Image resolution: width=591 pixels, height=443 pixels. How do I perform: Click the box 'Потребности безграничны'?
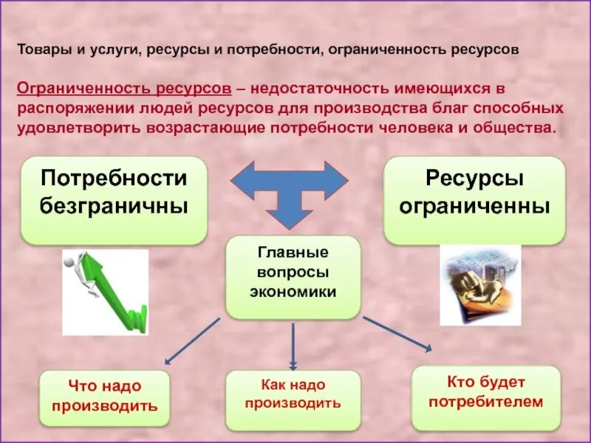(114, 200)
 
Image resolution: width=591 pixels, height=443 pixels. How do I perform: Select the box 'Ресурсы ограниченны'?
(474, 200)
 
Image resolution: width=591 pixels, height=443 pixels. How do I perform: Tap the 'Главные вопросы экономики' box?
(293, 277)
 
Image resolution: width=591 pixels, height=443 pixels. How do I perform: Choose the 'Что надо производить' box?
(104, 397)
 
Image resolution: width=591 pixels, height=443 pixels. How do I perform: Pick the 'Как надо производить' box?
(293, 394)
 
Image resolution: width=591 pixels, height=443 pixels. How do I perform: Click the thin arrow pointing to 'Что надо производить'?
(192, 341)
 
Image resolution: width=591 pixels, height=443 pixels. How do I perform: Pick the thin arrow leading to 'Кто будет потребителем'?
(397, 334)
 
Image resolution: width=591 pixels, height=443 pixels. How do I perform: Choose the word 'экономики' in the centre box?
(293, 292)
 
